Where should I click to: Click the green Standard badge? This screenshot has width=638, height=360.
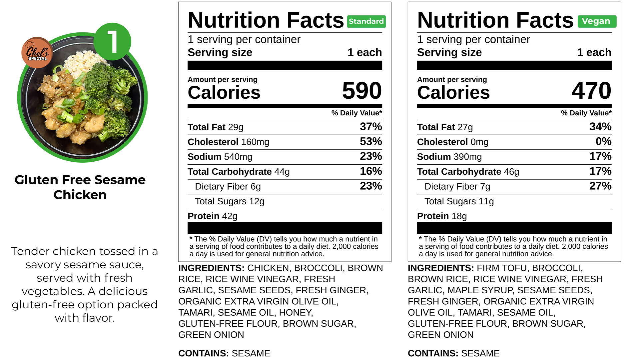pos(366,21)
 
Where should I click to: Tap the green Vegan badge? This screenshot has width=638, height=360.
pos(597,21)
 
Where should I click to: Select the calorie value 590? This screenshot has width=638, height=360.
pos(361,91)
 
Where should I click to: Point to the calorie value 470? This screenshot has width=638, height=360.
pos(591,91)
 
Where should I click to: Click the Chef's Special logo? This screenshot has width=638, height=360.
pos(37,53)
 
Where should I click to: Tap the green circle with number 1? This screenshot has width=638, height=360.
pos(113,42)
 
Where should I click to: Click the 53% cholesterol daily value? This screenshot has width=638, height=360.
pos(370,142)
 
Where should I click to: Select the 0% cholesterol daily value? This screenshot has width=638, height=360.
pos(603,142)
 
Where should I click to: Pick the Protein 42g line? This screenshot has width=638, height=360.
pos(213,216)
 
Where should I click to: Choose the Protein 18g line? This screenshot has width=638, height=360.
pos(442,216)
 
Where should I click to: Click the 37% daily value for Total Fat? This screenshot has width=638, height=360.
pos(370,127)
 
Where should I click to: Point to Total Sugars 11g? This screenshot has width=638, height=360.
pos(459,201)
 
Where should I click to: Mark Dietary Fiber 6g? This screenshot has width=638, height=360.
pos(228,186)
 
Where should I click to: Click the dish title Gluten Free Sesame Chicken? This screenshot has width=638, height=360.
pos(80,187)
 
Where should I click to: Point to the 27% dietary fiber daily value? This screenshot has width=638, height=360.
pos(600,186)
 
